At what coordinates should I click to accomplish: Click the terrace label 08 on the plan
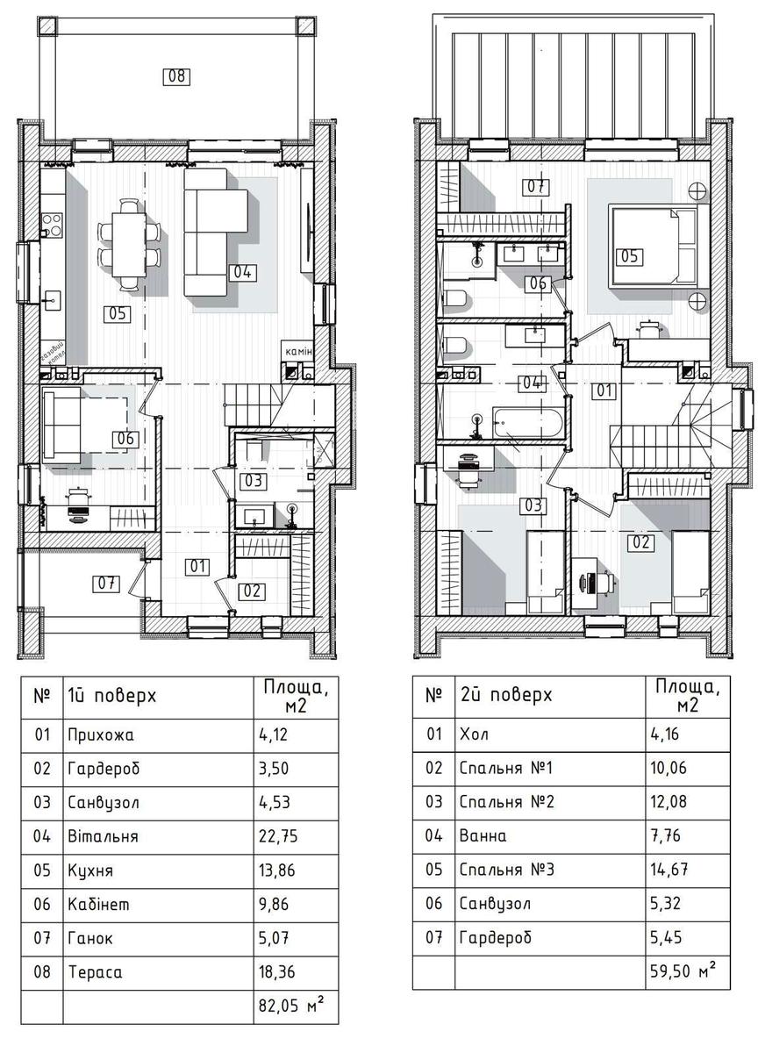pos(176,76)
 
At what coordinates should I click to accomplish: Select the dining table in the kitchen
pos(128,245)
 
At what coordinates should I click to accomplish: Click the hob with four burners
pos(52,225)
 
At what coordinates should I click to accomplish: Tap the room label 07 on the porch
pos(106,584)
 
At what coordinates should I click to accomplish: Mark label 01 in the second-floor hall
pos(604,390)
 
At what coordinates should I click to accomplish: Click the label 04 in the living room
pos(242,272)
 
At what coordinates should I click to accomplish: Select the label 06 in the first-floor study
pos(125,439)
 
